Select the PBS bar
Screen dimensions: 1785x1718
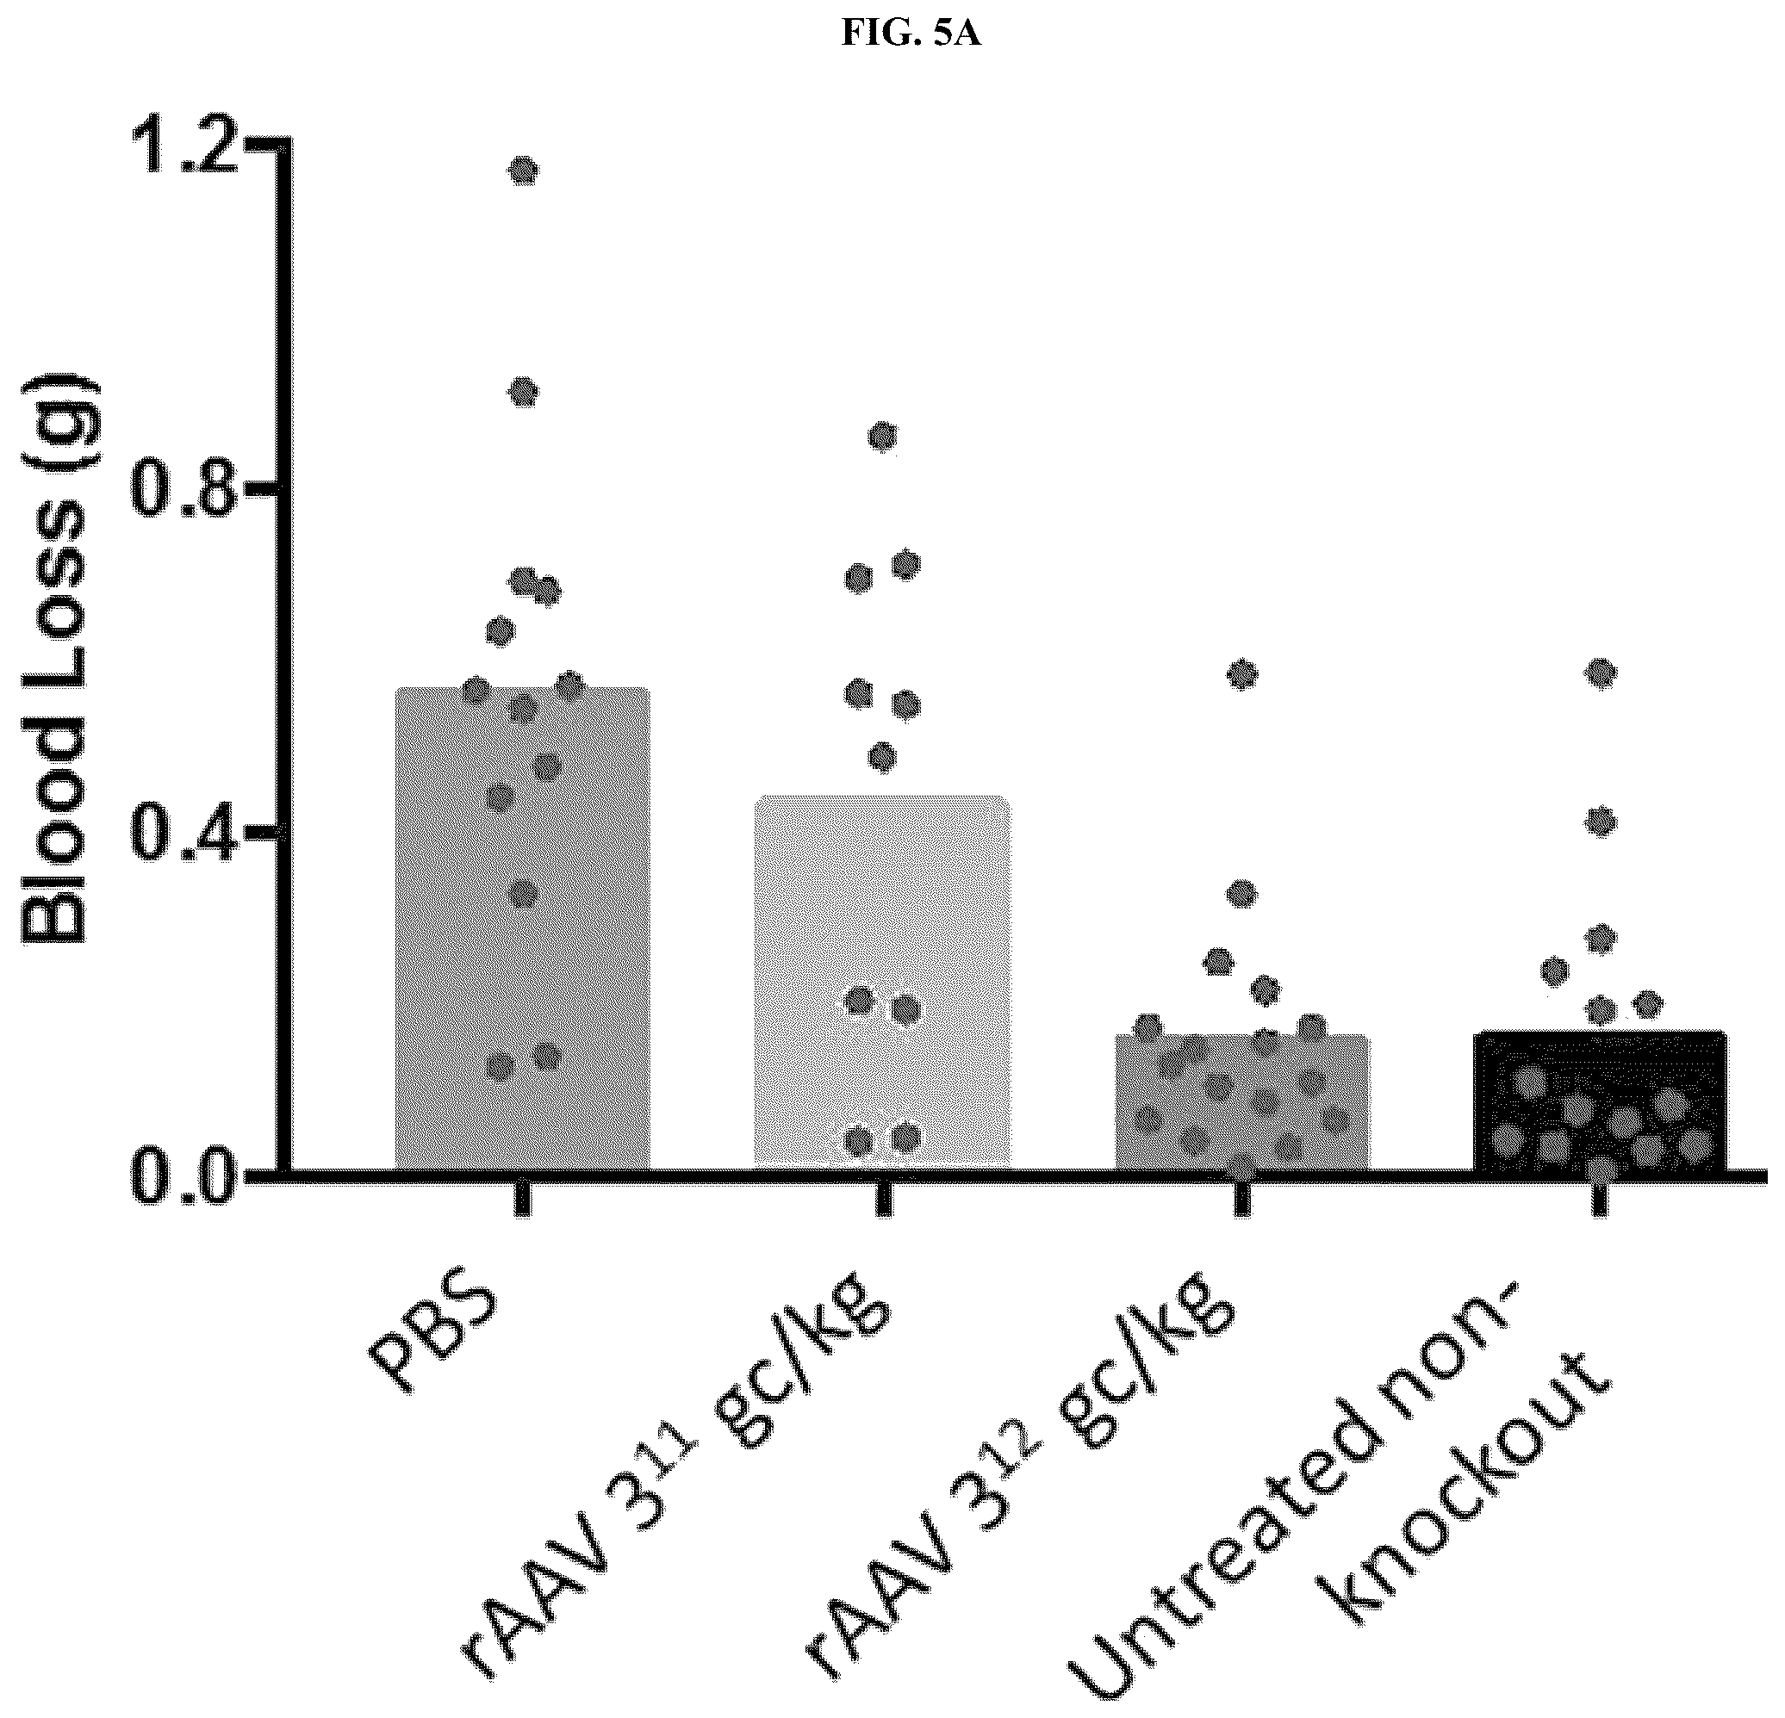click(x=522, y=928)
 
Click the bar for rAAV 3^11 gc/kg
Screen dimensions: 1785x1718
click(x=882, y=983)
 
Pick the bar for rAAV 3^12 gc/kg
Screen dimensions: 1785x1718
click(x=1242, y=1102)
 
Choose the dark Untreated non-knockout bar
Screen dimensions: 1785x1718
click(x=1600, y=1101)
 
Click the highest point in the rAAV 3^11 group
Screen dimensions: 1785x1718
click(x=882, y=437)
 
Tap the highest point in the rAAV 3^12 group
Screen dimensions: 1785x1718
click(x=1243, y=674)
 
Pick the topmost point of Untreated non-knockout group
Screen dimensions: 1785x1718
click(x=1601, y=672)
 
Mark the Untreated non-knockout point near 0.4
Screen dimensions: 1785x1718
click(x=1601, y=822)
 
